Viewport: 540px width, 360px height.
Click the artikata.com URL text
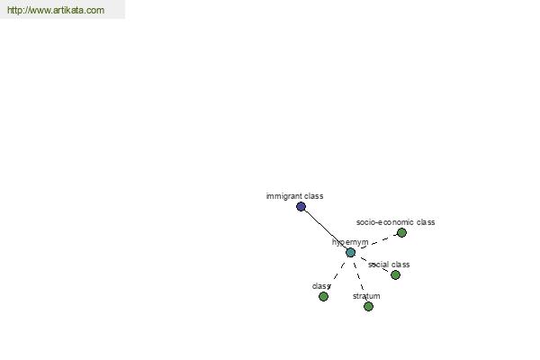coord(56,10)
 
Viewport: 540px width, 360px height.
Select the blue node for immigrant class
coord(301,207)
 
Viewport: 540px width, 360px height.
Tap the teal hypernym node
coord(350,253)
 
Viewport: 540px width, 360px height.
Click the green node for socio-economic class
coord(401,233)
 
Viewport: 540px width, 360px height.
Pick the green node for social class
coord(395,274)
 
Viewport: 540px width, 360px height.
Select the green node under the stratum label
coord(368,306)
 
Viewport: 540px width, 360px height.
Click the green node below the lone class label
coord(323,297)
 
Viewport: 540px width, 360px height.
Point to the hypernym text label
coord(350,242)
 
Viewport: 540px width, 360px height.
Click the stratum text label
coord(366,296)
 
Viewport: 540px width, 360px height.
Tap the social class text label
coord(389,265)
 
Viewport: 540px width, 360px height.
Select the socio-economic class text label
coord(396,222)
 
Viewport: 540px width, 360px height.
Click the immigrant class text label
coord(295,196)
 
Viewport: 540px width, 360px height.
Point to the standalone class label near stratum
coord(321,286)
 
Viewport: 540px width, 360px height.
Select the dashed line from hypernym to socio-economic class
coord(378,242)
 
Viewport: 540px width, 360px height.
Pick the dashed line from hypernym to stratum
coord(359,276)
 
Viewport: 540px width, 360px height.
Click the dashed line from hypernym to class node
coord(337,274)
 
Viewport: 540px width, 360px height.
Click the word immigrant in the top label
coord(283,196)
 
